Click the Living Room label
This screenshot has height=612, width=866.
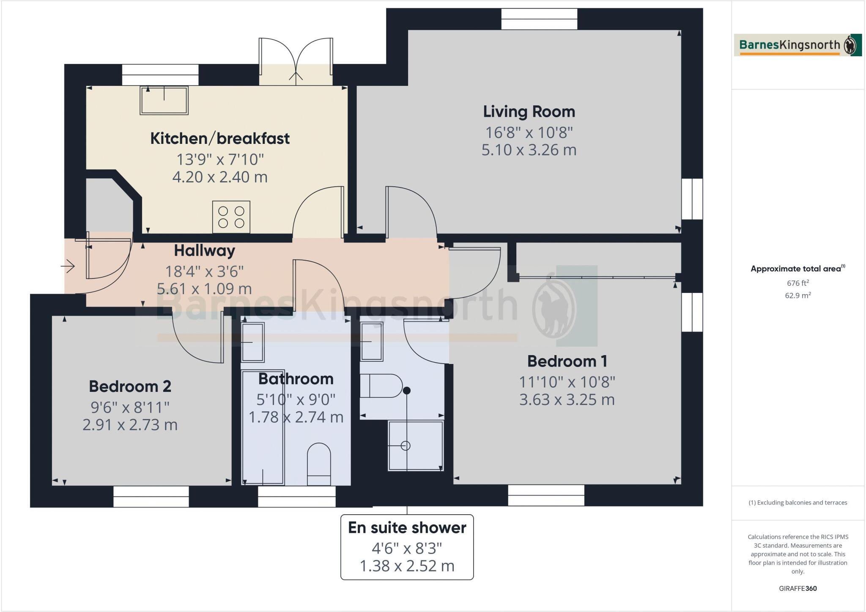[x=529, y=112]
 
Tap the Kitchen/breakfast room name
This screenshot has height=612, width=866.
[x=220, y=138]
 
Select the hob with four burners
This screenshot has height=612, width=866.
[x=231, y=217]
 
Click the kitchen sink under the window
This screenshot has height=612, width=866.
[x=164, y=100]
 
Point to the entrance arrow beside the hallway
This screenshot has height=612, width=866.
[x=68, y=267]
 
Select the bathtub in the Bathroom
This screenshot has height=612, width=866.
[x=263, y=427]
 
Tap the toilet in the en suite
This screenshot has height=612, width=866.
[x=381, y=386]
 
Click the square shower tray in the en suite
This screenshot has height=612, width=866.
[x=415, y=446]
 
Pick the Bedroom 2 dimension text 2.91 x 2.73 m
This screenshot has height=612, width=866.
[x=130, y=425]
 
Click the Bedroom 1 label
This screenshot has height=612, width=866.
[x=567, y=361]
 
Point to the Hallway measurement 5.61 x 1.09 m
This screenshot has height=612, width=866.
[x=204, y=289]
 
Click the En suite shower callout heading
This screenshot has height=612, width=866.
[x=407, y=528]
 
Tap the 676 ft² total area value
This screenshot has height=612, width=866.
[x=797, y=283]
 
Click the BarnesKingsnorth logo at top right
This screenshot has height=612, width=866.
[x=797, y=45]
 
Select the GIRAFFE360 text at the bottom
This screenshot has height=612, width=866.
[x=797, y=588]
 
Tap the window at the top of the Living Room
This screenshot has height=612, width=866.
[x=539, y=19]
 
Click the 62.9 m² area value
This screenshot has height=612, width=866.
[x=797, y=295]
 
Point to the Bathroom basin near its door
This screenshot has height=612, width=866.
[x=252, y=342]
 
